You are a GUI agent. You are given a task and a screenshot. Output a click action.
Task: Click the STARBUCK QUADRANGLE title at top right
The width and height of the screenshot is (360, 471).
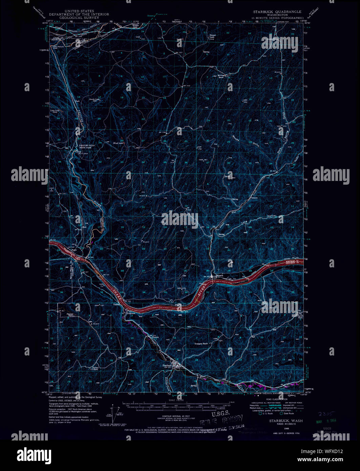[x=277, y=12]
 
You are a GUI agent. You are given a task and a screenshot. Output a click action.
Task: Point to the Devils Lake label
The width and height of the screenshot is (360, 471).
[x=94, y=99]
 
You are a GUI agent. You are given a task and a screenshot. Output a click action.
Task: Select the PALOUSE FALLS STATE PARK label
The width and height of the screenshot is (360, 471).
[x=87, y=146]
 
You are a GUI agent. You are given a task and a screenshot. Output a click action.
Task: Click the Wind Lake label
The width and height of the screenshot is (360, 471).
[x=118, y=143]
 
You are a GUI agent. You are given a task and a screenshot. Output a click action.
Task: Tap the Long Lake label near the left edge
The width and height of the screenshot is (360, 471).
[x=55, y=111]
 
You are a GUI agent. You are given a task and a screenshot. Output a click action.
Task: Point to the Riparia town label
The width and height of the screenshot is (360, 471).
[x=219, y=275]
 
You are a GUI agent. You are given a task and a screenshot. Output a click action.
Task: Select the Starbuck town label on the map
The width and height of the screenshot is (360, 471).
[x=168, y=365]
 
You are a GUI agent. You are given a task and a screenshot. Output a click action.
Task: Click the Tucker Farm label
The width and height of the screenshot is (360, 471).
[x=96, y=369]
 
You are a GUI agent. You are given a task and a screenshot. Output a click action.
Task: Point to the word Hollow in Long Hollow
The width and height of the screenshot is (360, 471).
[x=271, y=216]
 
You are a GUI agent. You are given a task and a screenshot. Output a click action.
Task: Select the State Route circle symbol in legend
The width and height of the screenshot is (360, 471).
[x=281, y=413]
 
